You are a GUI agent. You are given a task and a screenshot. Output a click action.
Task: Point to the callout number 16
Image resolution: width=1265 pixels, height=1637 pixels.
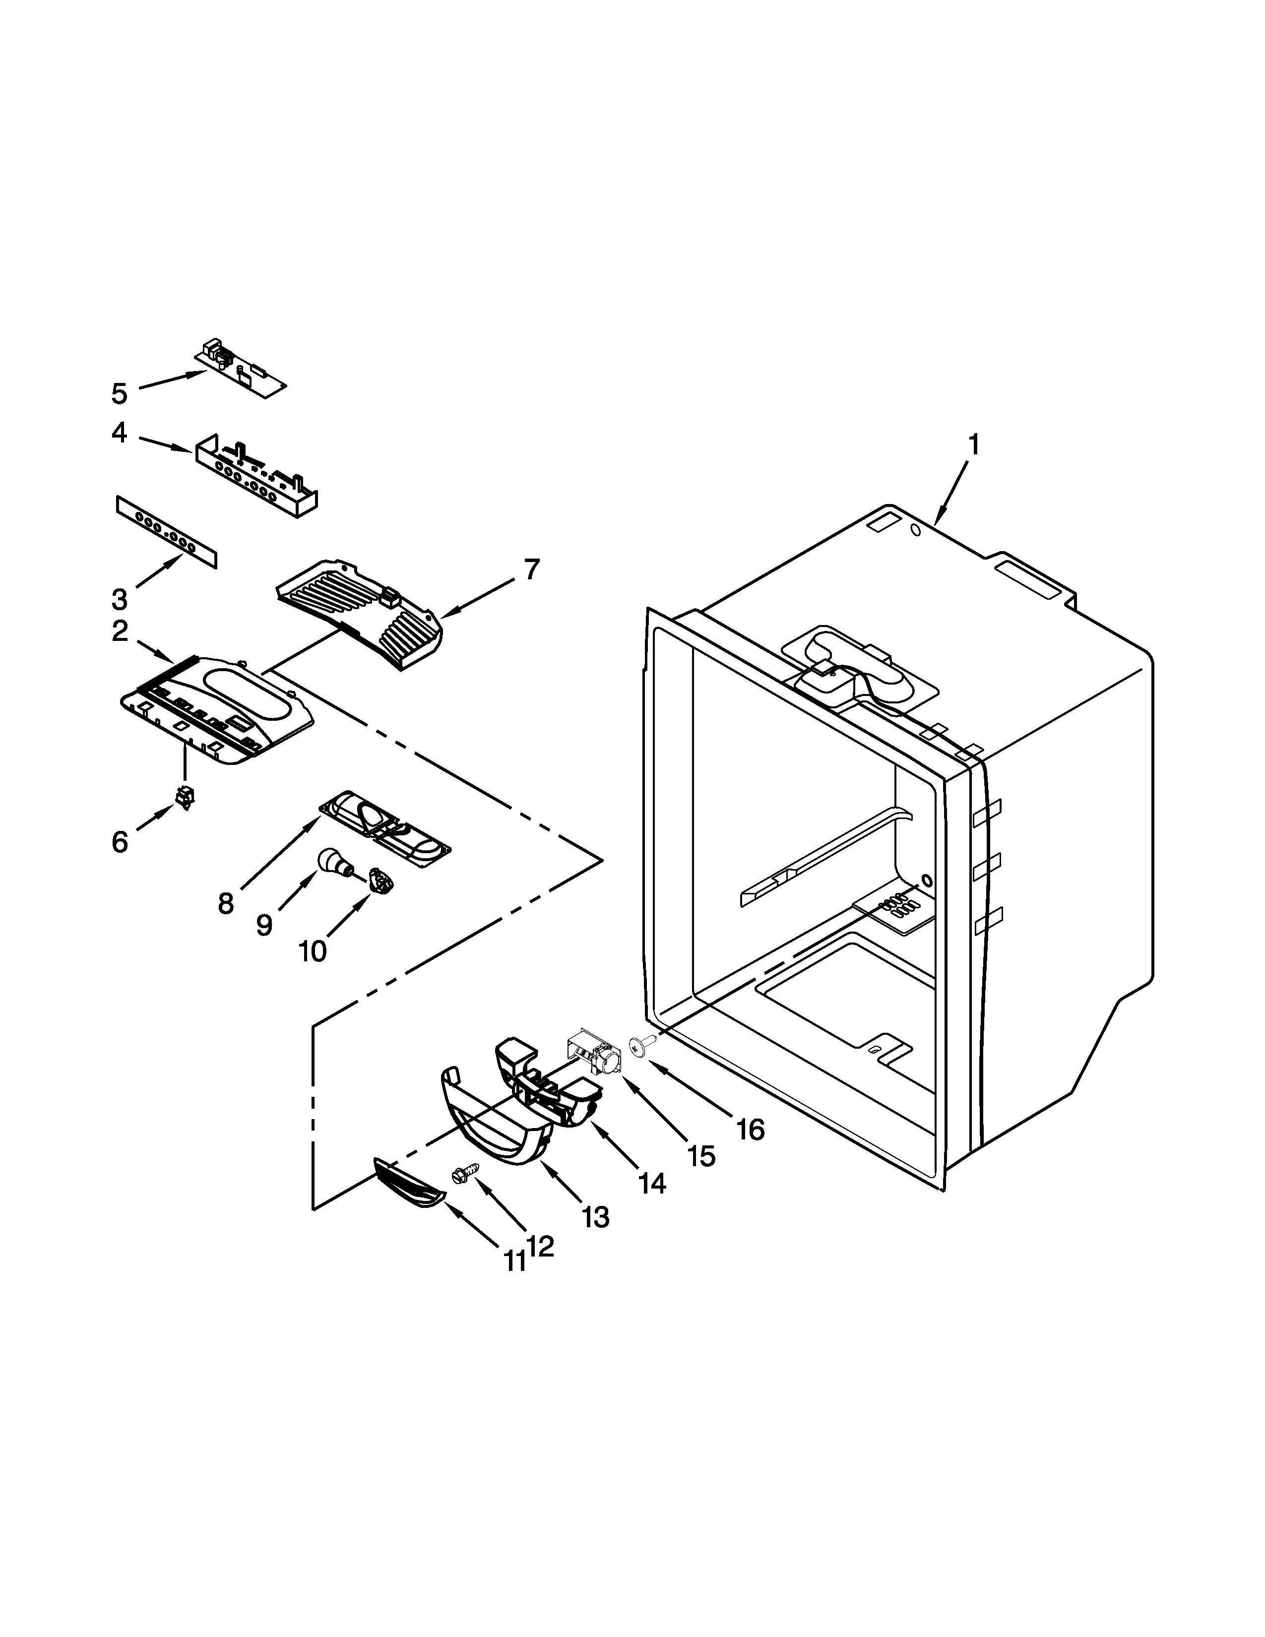point(750,1130)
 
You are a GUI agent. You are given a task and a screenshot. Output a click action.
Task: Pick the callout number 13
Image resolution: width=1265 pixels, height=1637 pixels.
point(596,1218)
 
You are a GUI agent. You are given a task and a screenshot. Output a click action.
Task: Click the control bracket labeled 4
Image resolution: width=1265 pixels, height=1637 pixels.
point(255,477)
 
